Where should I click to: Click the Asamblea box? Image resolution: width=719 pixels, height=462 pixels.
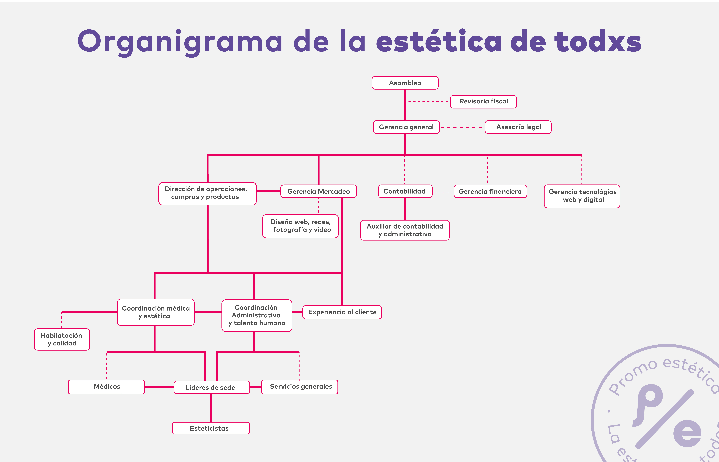[405, 83]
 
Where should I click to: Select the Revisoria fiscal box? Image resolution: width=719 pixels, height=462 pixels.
[483, 101]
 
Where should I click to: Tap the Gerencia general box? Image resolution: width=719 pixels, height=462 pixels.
[406, 127]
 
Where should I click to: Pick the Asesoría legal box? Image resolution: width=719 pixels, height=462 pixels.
[518, 127]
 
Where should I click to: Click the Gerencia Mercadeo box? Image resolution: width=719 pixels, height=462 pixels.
[319, 191]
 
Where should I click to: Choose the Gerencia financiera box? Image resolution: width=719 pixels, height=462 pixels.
[490, 191]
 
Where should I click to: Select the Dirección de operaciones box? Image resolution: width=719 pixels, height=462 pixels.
[207, 193]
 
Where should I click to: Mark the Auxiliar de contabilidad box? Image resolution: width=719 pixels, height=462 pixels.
[405, 230]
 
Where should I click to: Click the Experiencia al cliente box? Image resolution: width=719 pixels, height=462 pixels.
[342, 312]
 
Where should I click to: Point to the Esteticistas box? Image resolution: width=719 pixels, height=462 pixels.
[211, 428]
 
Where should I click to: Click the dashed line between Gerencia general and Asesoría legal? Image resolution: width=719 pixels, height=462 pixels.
[462, 127]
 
